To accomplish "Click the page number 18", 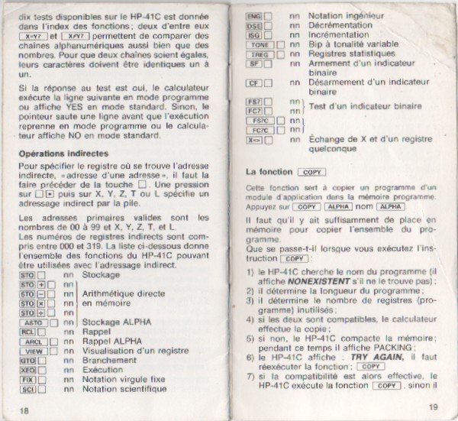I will point(24,410).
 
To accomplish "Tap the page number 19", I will point(433,406).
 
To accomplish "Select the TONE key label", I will point(256,45).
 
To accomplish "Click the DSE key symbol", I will point(253,25).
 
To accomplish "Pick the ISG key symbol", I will point(253,35).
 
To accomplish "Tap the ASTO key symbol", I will point(31,323).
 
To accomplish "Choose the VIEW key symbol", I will point(31,352).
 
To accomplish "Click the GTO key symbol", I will point(27,361).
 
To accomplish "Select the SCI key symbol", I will point(27,390).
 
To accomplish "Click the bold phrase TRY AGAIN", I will point(379,356).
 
